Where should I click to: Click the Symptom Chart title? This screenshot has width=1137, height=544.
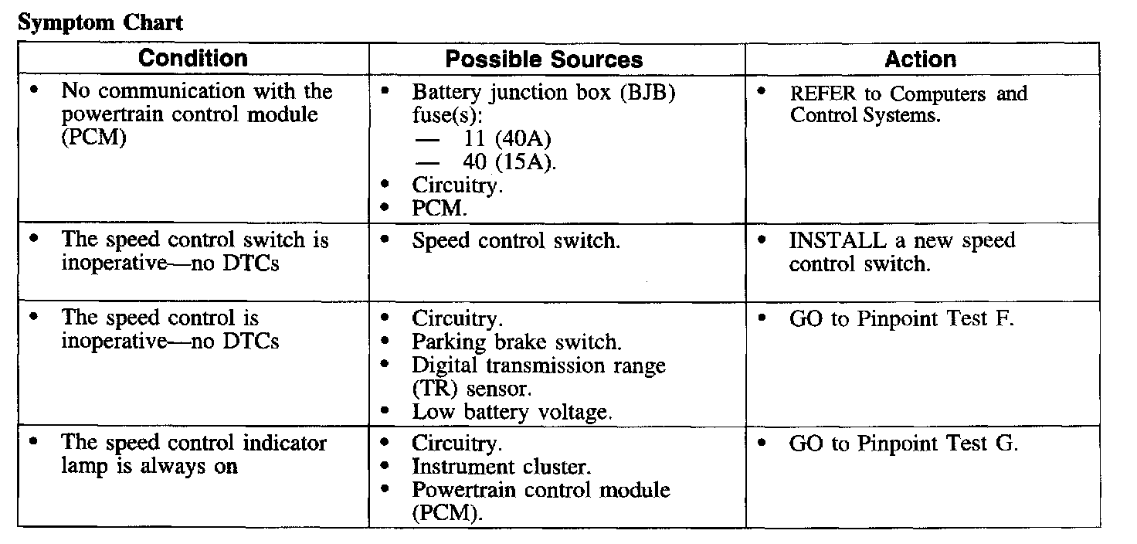(x=100, y=22)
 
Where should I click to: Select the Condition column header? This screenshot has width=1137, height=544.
(x=193, y=59)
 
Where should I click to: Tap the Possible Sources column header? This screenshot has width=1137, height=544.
(x=544, y=59)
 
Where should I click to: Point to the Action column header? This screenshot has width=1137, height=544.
(x=920, y=59)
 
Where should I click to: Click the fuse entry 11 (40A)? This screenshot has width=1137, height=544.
(x=501, y=140)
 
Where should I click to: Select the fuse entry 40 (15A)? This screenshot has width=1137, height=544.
(x=504, y=163)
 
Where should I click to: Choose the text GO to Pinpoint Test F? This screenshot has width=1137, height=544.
(x=901, y=318)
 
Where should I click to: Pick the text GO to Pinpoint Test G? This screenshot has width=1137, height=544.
(x=904, y=444)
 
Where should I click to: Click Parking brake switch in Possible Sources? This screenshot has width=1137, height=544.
(x=517, y=341)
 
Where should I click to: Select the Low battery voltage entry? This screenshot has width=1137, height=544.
(x=512, y=412)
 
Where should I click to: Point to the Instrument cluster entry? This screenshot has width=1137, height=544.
(x=501, y=467)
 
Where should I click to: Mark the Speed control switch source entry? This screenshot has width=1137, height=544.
(x=515, y=240)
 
